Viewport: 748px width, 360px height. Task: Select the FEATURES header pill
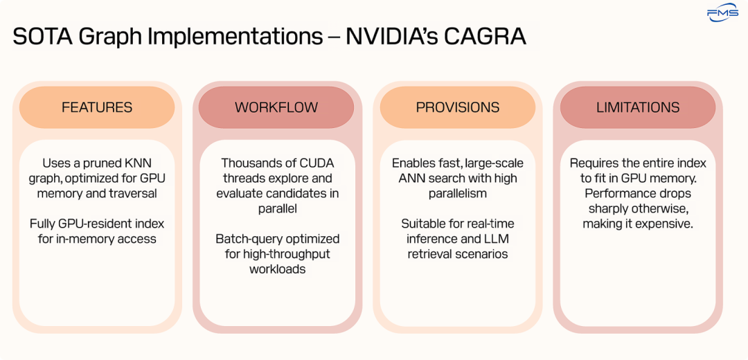[x=97, y=107]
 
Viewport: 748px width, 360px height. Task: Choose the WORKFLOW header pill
[x=276, y=107]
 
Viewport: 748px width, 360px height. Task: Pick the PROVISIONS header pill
[x=457, y=107]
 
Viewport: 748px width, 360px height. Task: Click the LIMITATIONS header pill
[x=638, y=107]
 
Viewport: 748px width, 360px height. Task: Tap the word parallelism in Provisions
[x=457, y=194]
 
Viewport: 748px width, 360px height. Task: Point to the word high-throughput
[x=287, y=254]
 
